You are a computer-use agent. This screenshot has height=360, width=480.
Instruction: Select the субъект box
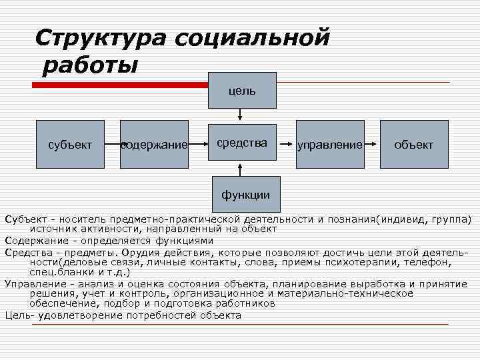(71, 144)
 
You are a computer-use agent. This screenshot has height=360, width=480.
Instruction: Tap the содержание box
(154, 145)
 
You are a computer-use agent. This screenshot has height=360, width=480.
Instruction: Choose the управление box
(330, 144)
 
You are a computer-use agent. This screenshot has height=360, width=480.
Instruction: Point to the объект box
(413, 144)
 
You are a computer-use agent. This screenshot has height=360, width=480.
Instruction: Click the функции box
(246, 194)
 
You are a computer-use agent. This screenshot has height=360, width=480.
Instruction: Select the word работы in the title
(89, 66)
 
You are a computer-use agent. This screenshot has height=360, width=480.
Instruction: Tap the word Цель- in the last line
(17, 315)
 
